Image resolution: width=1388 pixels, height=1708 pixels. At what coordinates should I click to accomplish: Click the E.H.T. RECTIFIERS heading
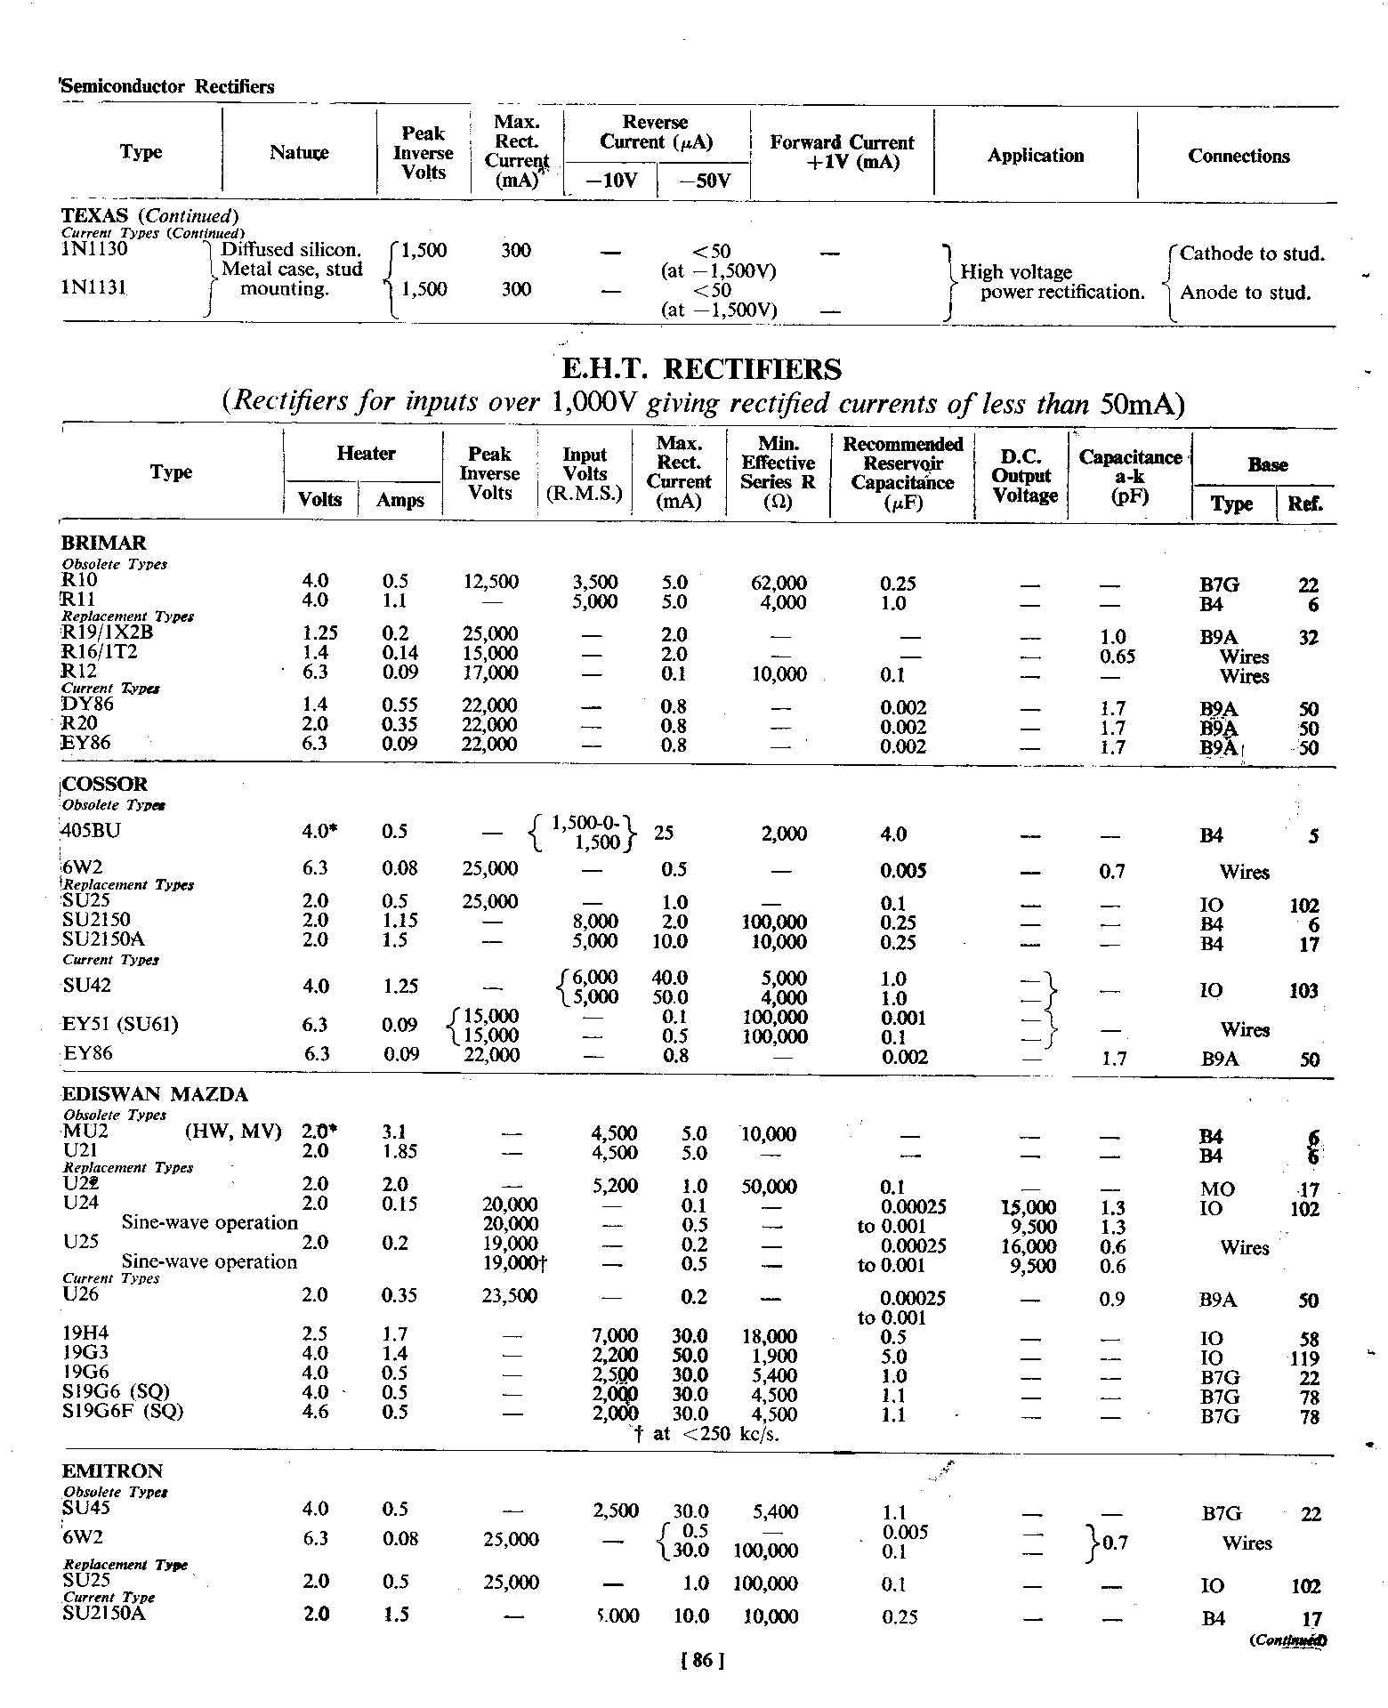[x=702, y=369]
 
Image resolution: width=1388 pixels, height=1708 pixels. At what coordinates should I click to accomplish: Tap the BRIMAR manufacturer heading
[x=103, y=543]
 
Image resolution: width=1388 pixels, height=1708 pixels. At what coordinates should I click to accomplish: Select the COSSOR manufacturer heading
[x=105, y=784]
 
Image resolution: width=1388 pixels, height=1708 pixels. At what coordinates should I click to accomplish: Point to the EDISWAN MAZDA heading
[x=155, y=1094]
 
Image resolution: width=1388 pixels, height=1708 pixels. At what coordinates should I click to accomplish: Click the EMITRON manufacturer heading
[x=111, y=1471]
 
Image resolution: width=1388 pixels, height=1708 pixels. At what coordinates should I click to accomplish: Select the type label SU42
[x=87, y=986]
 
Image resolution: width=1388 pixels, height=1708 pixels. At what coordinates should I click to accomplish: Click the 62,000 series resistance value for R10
[x=779, y=584]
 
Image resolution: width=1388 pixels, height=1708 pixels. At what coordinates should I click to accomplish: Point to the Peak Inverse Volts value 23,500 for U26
[x=510, y=1296]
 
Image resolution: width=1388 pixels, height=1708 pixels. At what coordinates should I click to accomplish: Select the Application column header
[x=1035, y=156]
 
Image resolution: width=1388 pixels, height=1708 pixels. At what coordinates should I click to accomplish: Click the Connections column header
[x=1238, y=156]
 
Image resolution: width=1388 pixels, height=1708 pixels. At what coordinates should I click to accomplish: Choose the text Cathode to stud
[x=1252, y=254]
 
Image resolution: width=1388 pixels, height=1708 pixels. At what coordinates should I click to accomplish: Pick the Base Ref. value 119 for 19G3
[x=1304, y=1359]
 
